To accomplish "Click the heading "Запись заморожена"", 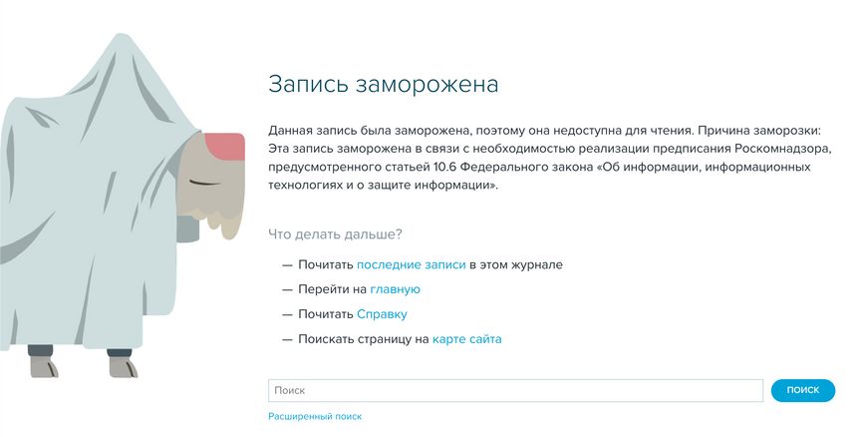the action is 383,85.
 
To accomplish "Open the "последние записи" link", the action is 412,264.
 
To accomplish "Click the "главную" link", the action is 395,289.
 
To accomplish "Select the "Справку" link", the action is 382,314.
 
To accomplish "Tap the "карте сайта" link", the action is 466,339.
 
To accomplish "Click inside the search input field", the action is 515,390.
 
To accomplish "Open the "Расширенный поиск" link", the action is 315,417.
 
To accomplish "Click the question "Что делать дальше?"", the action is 335,234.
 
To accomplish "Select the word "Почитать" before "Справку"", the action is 326,314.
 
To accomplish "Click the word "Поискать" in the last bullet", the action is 325,339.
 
